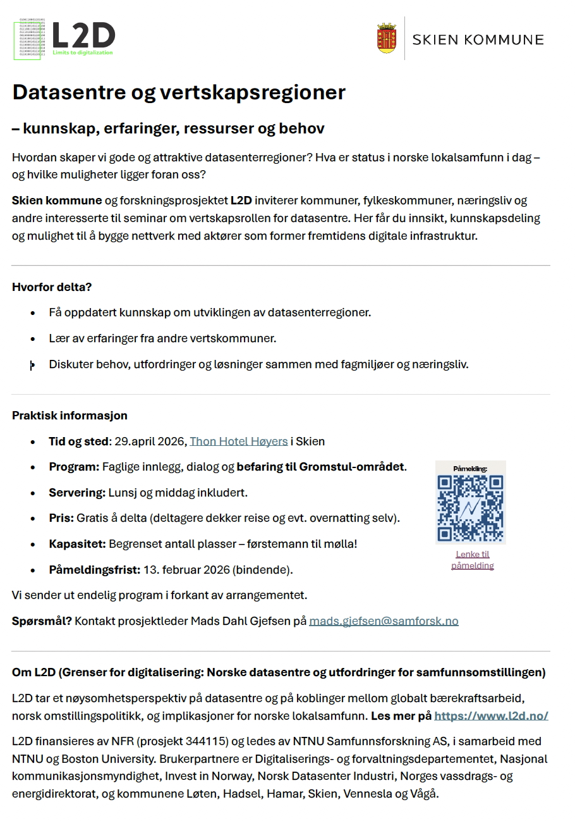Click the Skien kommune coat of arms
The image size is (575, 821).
[386, 39]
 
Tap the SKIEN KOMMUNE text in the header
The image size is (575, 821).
[478, 40]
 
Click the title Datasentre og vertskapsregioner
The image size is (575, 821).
[179, 92]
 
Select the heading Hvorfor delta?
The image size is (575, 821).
[52, 287]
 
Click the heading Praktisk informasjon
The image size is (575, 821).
[70, 416]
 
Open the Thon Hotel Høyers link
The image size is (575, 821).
[238, 441]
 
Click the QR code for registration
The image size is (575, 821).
[471, 507]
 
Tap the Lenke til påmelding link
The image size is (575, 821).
[472, 560]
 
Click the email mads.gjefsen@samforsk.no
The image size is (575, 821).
[384, 621]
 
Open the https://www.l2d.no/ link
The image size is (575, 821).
[491, 716]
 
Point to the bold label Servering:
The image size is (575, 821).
[77, 493]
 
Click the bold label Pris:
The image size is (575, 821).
[61, 519]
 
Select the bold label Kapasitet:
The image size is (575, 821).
[78, 544]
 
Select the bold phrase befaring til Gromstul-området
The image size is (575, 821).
[321, 467]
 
